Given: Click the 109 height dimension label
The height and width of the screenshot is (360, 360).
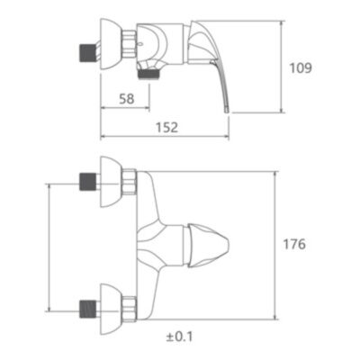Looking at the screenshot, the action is [x=301, y=68].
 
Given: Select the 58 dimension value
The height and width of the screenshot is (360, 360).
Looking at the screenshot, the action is [x=127, y=99].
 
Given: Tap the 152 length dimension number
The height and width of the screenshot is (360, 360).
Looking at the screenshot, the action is [x=166, y=128].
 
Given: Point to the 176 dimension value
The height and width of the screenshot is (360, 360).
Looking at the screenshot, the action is [x=294, y=244].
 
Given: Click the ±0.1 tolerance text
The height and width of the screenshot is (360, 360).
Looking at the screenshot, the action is [x=179, y=337].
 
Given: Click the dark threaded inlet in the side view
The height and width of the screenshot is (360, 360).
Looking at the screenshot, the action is [x=86, y=53].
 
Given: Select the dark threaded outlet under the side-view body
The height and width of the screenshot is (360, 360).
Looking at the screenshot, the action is [x=148, y=75].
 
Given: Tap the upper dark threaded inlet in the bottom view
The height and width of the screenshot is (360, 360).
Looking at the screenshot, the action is [x=86, y=181].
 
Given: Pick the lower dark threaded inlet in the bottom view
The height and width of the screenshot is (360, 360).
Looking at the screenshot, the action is [x=86, y=310].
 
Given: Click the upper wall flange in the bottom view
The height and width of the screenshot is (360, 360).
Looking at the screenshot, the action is [x=111, y=182].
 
